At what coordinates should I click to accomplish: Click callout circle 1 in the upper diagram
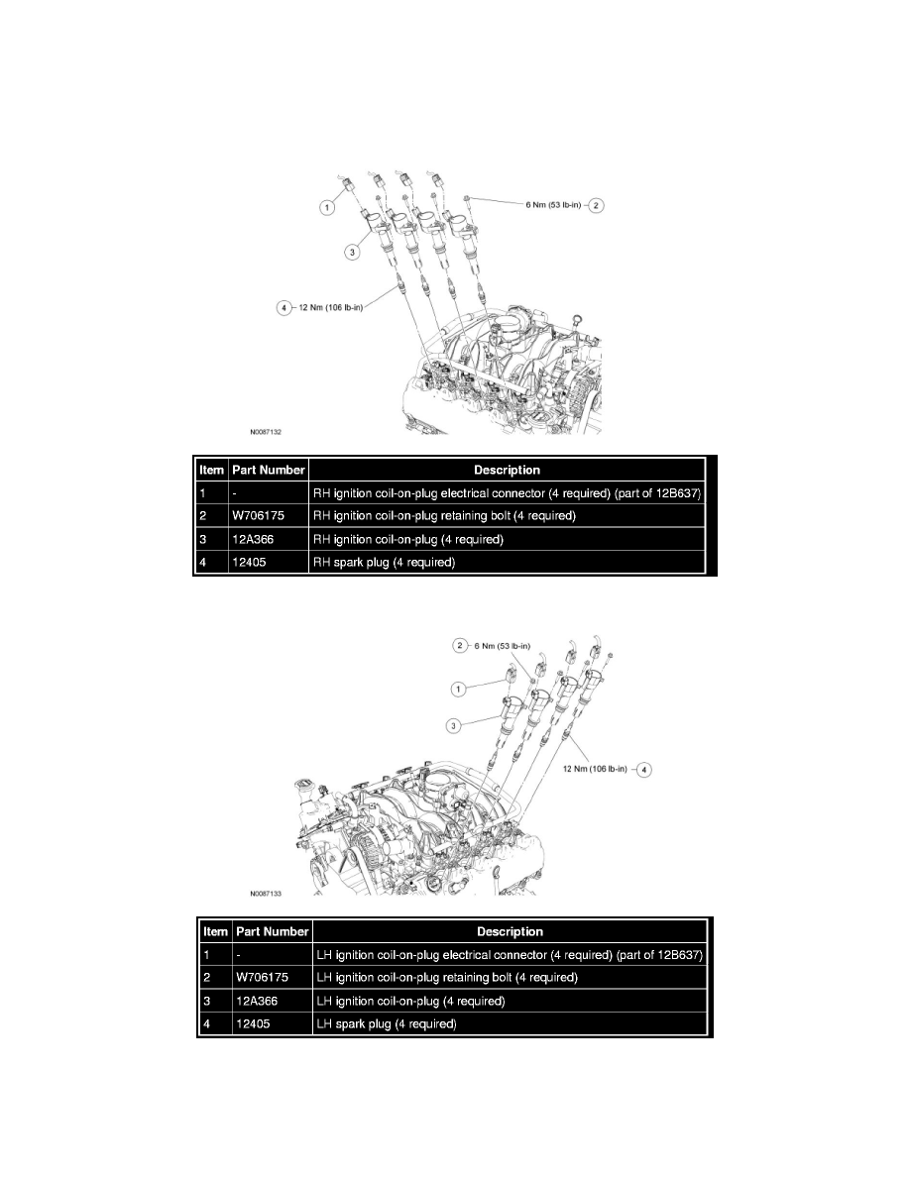(324, 208)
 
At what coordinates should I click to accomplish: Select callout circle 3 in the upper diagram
(351, 253)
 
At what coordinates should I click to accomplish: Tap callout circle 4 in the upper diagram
(284, 307)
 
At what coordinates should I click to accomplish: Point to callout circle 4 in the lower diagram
(643, 769)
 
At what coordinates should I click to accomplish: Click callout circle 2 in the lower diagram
(459, 645)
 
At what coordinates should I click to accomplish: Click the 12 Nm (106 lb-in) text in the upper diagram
(330, 307)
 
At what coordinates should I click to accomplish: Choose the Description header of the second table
(510, 931)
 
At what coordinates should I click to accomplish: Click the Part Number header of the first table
(268, 470)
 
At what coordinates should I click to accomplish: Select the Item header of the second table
(213, 931)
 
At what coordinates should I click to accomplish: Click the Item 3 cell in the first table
(211, 539)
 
